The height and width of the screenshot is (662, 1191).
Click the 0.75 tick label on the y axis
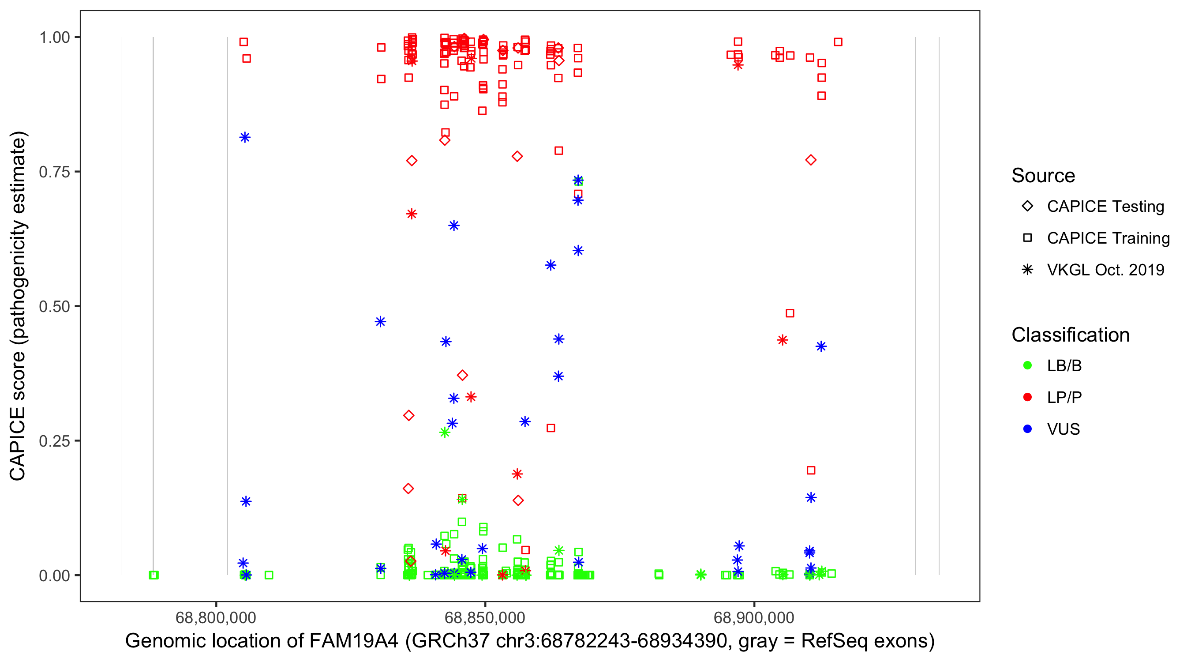click(54, 172)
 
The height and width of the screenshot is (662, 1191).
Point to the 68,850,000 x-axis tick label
click(484, 617)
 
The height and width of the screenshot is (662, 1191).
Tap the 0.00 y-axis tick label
click(54, 575)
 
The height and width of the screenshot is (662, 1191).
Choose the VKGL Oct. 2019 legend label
click(1105, 270)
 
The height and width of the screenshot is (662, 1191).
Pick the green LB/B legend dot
click(1027, 365)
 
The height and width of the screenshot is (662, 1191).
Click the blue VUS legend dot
click(1027, 429)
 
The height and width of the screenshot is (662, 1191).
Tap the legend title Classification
click(1070, 335)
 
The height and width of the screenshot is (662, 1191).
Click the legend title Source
click(1043, 176)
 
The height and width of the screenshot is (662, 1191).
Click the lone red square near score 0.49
click(790, 313)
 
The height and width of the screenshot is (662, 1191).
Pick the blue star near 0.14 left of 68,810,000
click(246, 501)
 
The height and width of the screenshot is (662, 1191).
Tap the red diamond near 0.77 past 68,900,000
click(810, 160)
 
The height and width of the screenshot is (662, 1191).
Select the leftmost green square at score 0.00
click(154, 575)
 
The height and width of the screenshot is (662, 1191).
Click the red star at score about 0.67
click(412, 214)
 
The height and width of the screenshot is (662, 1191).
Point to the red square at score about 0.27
click(551, 428)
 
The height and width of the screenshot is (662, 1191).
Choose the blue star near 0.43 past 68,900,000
click(821, 346)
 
